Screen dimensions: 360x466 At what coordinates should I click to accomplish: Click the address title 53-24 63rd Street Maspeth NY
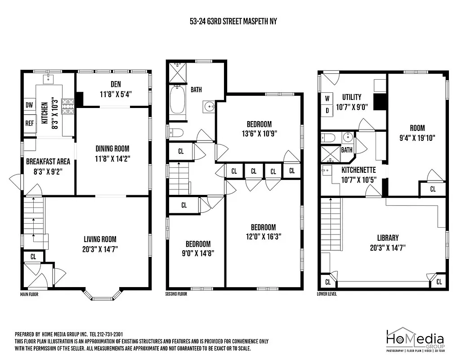pyautogui.click(x=233, y=21)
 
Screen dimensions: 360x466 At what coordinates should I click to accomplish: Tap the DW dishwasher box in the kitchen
pyautogui.click(x=29, y=105)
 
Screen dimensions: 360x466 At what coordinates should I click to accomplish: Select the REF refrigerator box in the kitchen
pyautogui.click(x=29, y=123)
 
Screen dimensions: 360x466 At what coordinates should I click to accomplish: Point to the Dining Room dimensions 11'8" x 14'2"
pyautogui.click(x=112, y=158)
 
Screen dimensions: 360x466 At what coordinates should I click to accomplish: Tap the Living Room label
pyautogui.click(x=100, y=239)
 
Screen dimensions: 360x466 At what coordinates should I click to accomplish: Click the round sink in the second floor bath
pyautogui.click(x=209, y=107)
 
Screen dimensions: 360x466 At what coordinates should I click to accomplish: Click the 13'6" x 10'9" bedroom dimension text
pyautogui.click(x=259, y=133)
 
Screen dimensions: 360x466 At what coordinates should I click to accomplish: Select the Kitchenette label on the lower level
pyautogui.click(x=358, y=170)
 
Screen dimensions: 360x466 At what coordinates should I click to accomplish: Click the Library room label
pyautogui.click(x=387, y=238)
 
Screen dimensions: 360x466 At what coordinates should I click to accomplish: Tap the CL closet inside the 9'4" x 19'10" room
pyautogui.click(x=433, y=189)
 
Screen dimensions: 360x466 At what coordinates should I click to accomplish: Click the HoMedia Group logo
pyautogui.click(x=415, y=340)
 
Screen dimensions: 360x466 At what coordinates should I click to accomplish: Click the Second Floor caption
pyautogui.click(x=176, y=294)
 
